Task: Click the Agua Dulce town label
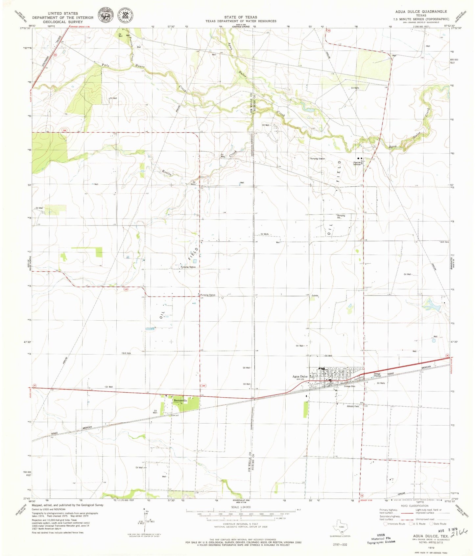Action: pyautogui.click(x=300, y=377)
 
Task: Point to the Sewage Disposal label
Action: pyautogui.click(x=377, y=375)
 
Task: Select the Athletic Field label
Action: pyautogui.click(x=353, y=406)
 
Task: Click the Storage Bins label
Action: pyautogui.click(x=349, y=386)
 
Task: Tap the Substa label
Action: pyautogui.click(x=315, y=295)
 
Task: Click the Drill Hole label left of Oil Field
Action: pyautogui.click(x=127, y=353)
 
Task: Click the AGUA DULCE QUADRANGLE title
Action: pyautogui.click(x=421, y=12)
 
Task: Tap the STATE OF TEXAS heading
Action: pyautogui.click(x=241, y=17)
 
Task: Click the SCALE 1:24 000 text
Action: pyautogui.click(x=241, y=507)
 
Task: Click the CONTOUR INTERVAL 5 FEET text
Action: pyautogui.click(x=241, y=524)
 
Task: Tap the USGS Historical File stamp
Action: pyautogui.click(x=381, y=539)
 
